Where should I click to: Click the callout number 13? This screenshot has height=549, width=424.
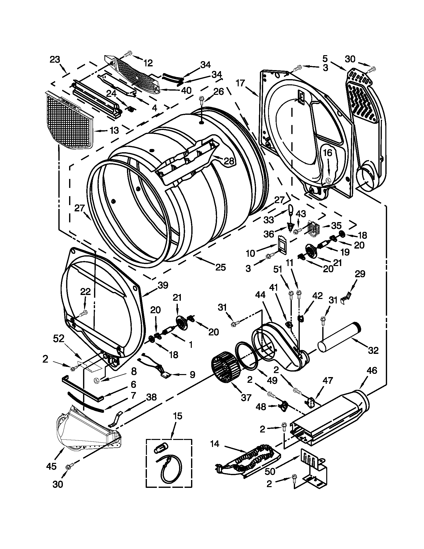pyautogui.click(x=114, y=131)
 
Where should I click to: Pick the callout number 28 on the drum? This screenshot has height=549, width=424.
pyautogui.click(x=228, y=161)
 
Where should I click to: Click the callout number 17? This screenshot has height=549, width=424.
pyautogui.click(x=240, y=83)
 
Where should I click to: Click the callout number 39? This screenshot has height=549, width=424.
pyautogui.click(x=163, y=285)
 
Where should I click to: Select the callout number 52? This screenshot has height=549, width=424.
pyautogui.click(x=59, y=339)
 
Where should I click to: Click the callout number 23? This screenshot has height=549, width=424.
pyautogui.click(x=55, y=60)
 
